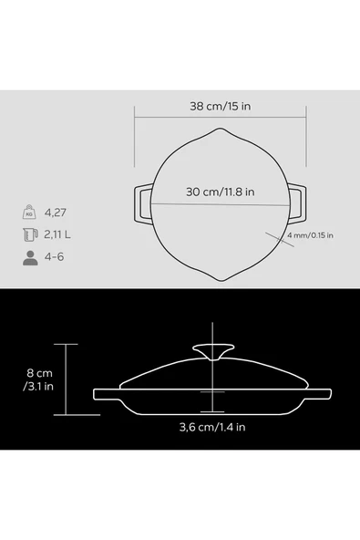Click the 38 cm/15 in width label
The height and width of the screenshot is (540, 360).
point(221,106)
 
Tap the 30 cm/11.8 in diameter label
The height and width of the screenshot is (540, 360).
point(221,192)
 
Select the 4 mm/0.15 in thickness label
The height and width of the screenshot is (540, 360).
point(310,235)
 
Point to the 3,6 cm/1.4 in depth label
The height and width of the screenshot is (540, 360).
point(212,428)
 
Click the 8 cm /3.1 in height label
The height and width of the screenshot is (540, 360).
point(38,379)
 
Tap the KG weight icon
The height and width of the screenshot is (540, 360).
point(29,213)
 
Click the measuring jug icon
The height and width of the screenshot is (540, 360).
point(30,234)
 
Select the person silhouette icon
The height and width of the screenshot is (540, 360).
point(30,257)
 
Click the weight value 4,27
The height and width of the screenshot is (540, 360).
point(55,213)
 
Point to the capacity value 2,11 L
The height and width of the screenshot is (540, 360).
point(57,234)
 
